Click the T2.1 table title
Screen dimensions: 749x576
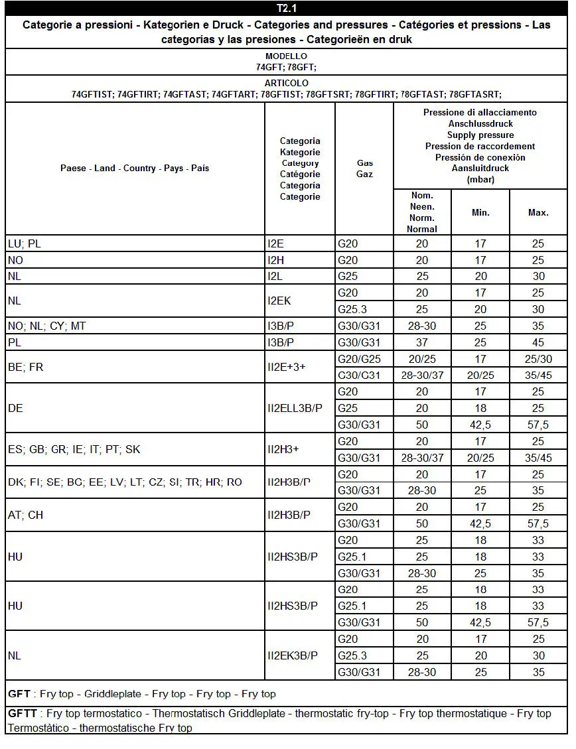click(286, 9)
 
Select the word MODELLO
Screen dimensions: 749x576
click(286, 56)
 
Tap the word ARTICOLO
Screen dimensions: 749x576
click(286, 84)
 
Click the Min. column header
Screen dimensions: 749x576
click(480, 212)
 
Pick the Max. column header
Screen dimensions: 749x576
click(538, 212)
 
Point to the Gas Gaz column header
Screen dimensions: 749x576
click(364, 169)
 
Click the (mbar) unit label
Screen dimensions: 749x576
click(480, 180)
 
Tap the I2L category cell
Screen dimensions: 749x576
click(277, 277)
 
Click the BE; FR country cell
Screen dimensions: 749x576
click(25, 367)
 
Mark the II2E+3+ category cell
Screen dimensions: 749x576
click(287, 367)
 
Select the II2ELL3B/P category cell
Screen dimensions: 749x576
click(295, 408)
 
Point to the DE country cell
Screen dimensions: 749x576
click(15, 408)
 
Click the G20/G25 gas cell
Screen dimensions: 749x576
click(359, 359)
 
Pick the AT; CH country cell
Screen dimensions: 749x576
click(25, 515)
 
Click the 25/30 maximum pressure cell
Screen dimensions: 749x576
click(538, 359)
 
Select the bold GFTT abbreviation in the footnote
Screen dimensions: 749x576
click(23, 714)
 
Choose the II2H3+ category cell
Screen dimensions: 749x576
click(283, 449)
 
